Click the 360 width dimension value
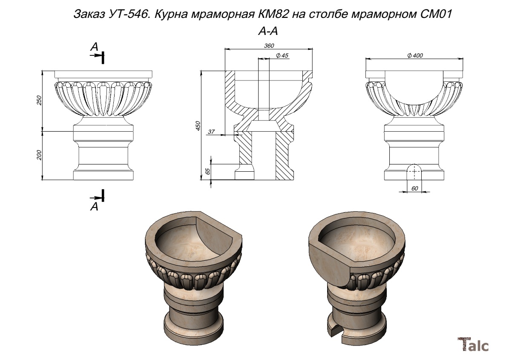[269, 46]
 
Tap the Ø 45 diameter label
[282, 55]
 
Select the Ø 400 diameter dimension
[415, 55]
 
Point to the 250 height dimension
[39, 100]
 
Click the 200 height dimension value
[39, 155]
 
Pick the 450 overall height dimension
[198, 126]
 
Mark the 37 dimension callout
[211, 132]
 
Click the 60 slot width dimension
[414, 188]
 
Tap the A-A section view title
[268, 31]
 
